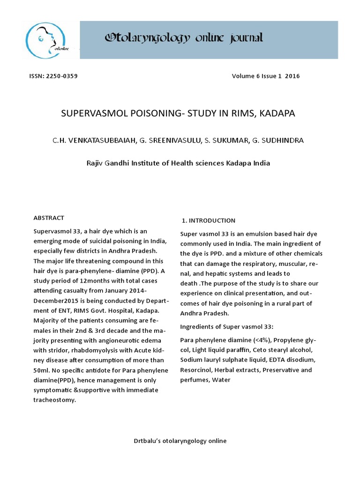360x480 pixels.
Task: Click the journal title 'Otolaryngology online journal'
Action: (x=184, y=38)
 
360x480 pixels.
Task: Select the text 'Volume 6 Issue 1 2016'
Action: (x=265, y=76)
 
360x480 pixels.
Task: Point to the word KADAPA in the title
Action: (x=280, y=114)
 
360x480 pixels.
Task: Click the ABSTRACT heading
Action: (x=49, y=218)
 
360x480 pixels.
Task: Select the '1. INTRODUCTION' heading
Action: (x=209, y=220)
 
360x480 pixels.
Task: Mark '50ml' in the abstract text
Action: (x=41, y=370)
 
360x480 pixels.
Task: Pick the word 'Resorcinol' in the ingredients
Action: (x=196, y=370)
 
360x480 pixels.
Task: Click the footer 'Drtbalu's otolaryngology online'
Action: (x=180, y=441)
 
